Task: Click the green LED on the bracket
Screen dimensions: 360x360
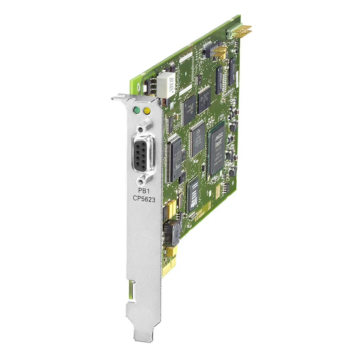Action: point(135,109)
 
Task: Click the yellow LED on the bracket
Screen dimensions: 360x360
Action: point(145,110)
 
